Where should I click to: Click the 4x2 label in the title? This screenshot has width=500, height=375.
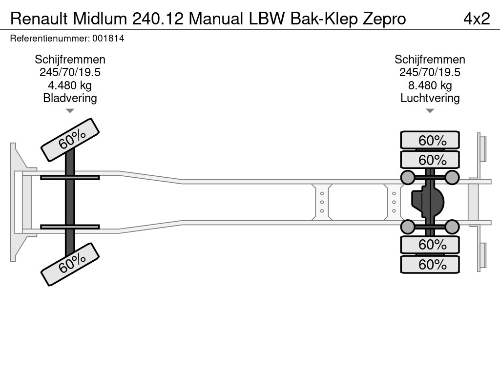click(x=476, y=19)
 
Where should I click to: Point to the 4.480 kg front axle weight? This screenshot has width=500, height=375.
click(x=70, y=85)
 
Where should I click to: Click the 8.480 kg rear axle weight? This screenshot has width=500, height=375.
click(x=430, y=85)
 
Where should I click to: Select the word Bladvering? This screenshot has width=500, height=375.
click(x=70, y=98)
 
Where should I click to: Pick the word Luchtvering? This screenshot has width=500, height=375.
click(x=430, y=98)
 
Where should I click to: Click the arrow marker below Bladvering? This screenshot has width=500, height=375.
click(x=70, y=111)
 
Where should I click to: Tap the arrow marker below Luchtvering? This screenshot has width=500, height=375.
click(x=430, y=111)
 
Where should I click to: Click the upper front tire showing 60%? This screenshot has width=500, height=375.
click(x=70, y=140)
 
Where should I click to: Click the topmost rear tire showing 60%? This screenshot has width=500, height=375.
click(x=430, y=141)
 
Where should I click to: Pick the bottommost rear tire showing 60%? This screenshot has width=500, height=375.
click(x=430, y=265)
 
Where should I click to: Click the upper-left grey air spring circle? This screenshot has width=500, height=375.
click(x=407, y=177)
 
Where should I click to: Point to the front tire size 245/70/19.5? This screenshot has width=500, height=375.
click(x=70, y=72)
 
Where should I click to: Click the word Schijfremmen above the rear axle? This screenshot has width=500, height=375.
click(x=430, y=60)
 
